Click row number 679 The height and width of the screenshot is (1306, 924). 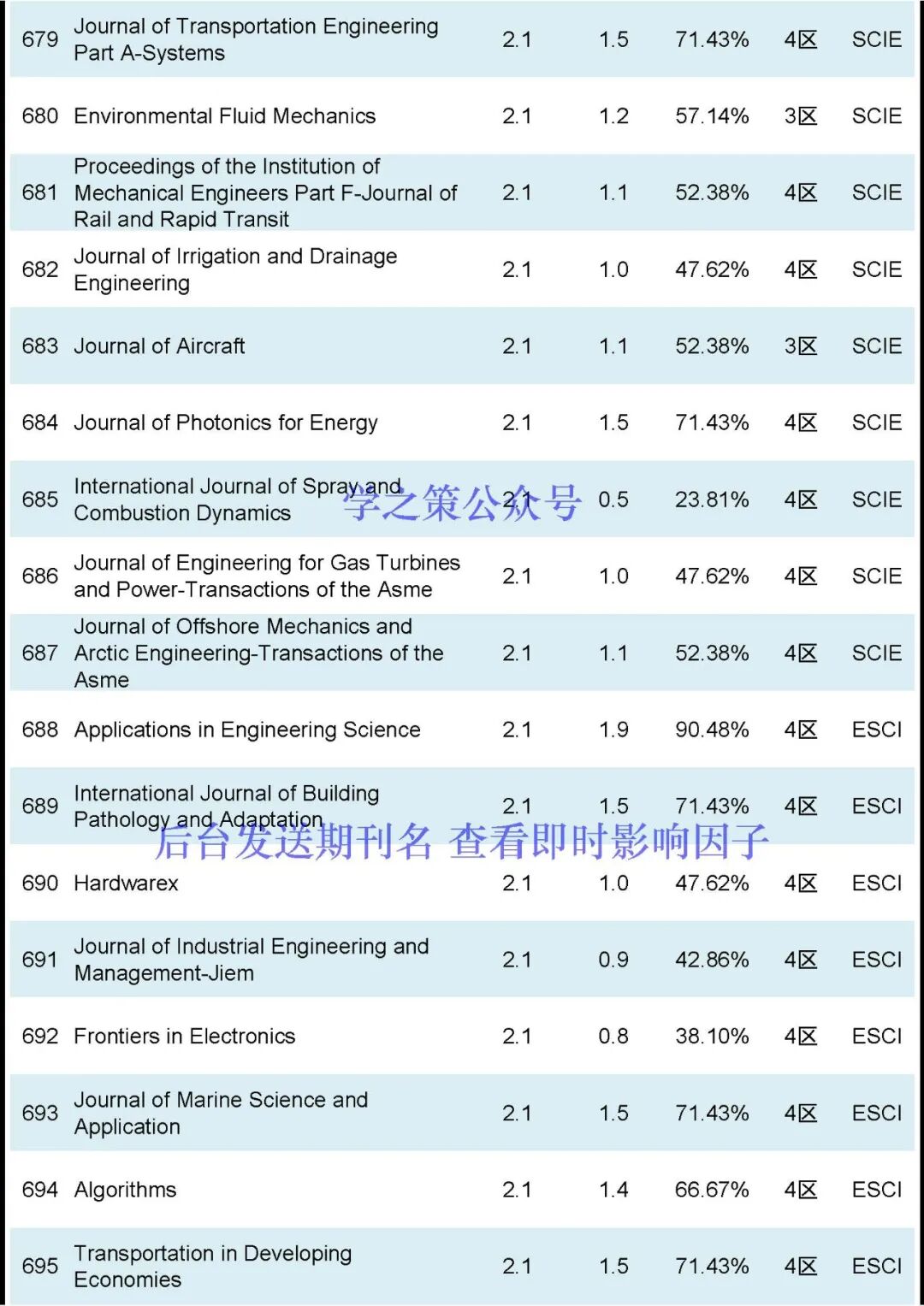[x=40, y=39]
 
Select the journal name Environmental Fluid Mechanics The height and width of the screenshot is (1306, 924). [x=225, y=115]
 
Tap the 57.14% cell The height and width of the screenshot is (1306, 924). [x=712, y=115]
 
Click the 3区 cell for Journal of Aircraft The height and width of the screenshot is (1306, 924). [x=801, y=346]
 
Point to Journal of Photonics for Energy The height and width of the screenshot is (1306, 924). [x=226, y=423]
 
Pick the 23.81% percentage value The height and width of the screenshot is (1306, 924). [x=712, y=499]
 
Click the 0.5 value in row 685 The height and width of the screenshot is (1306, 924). [x=613, y=499]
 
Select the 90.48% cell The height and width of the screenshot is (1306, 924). [x=712, y=730]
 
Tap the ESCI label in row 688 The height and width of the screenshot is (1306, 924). [x=877, y=730]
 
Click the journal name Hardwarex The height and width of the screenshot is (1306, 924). [x=127, y=883]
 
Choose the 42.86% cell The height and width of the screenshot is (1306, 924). [x=712, y=960]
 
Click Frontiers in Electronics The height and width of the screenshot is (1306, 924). [x=185, y=1036]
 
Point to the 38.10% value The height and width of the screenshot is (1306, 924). [x=712, y=1036]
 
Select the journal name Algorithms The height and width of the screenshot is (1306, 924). [x=126, y=1190]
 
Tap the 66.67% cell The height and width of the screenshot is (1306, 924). [x=712, y=1190]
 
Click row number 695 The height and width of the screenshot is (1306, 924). [x=40, y=1266]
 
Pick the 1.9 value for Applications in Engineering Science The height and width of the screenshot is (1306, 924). [x=613, y=730]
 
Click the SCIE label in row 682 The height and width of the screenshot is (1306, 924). [x=877, y=269]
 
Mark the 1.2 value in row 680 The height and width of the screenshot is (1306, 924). [x=613, y=115]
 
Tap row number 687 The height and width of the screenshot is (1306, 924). [x=40, y=653]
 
